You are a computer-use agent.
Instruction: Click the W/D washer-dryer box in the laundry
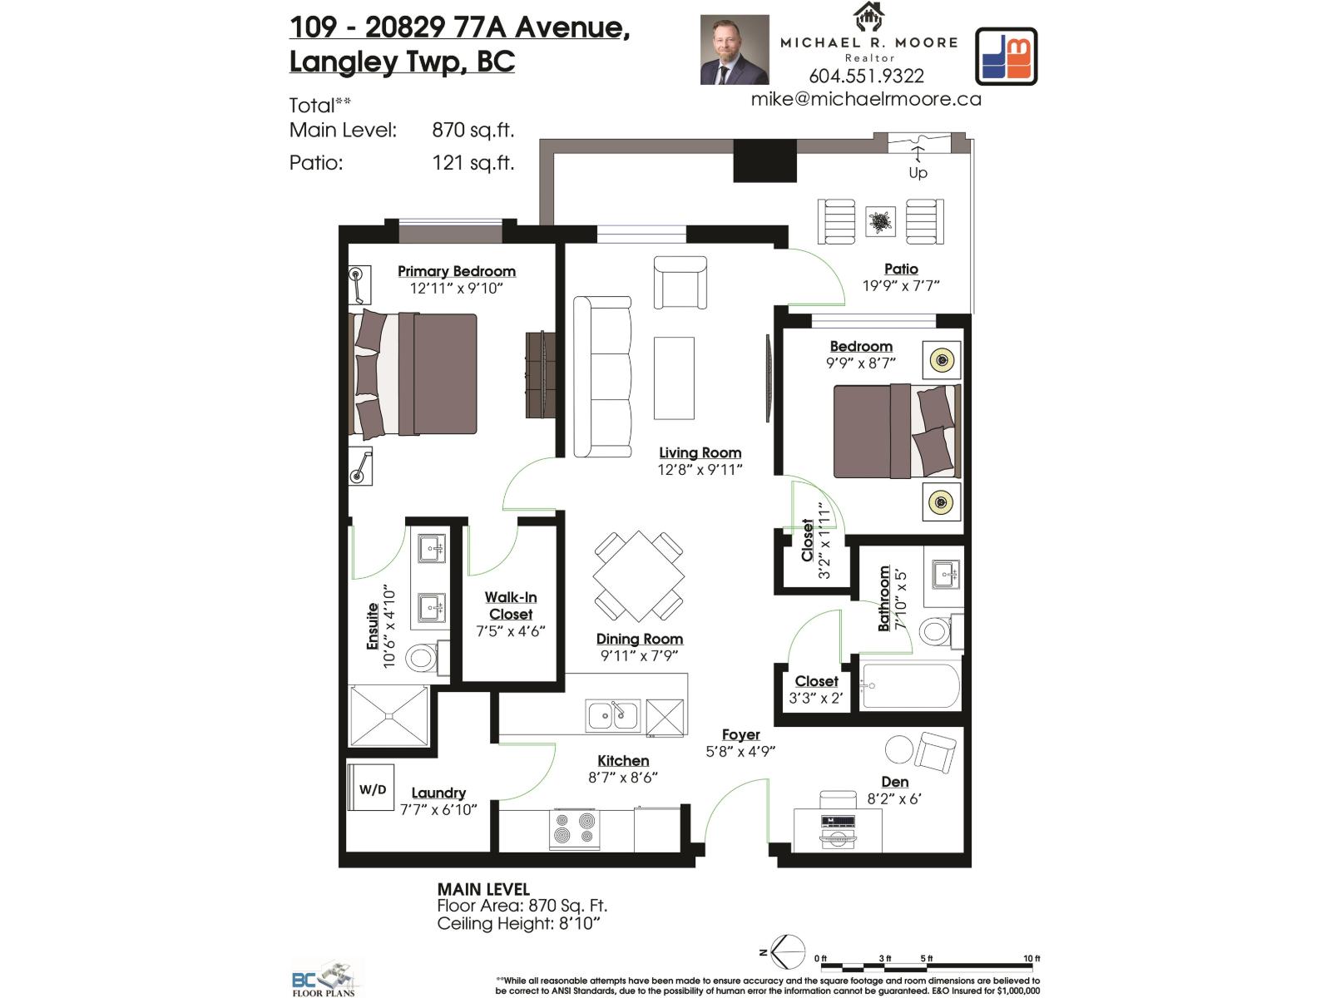[x=371, y=788]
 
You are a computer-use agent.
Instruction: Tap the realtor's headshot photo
[x=734, y=50]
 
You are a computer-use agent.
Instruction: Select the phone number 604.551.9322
[x=866, y=77]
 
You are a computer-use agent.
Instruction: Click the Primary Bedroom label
[x=456, y=271]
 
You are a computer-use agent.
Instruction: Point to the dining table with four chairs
[x=639, y=576]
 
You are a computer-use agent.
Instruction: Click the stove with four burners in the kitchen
[x=574, y=828]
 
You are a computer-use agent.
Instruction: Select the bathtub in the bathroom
[x=910, y=685]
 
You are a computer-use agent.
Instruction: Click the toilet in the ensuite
[x=424, y=658]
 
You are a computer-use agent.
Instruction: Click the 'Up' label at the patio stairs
[x=918, y=172]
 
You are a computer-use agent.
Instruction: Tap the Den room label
[x=894, y=782]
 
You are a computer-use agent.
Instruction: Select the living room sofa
[x=602, y=377]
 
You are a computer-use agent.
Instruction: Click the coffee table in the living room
[x=674, y=378]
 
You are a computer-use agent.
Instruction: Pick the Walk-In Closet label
[x=511, y=605]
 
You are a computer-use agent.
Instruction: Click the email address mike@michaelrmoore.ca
[x=866, y=99]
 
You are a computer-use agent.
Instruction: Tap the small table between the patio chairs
[x=880, y=221]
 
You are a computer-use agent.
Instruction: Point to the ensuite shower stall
[x=389, y=715]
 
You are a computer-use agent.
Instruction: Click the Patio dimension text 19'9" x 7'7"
[x=901, y=286]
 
